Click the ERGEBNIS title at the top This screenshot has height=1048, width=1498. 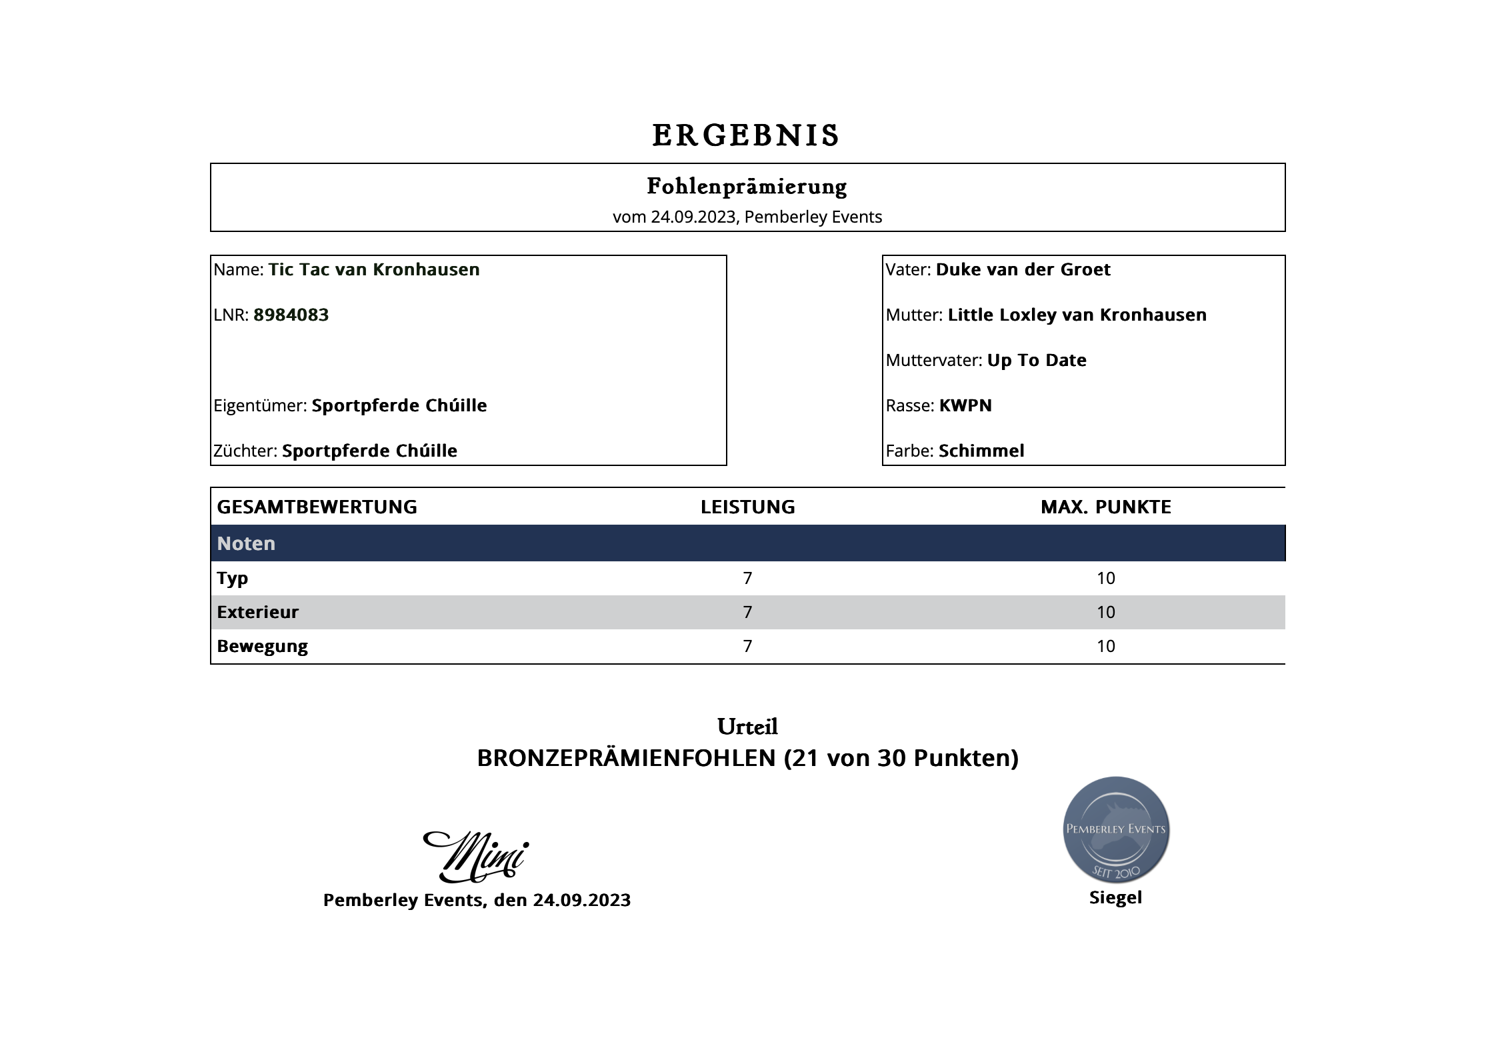coord(746,136)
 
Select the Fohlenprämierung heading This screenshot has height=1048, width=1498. coord(747,187)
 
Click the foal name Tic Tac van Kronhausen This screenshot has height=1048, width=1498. coord(374,269)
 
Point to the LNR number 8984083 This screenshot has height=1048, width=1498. coord(291,315)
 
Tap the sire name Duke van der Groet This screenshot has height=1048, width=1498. coord(1023,269)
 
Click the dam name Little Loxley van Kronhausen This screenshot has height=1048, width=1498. coord(1077,315)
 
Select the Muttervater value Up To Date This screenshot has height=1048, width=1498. coord(1037,360)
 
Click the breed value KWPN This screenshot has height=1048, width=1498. coord(965,405)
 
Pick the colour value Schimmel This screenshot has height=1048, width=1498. coord(981,451)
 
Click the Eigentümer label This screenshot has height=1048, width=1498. coord(260,405)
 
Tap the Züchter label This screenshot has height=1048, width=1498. coord(245,451)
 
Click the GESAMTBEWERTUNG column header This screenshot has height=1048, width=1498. coord(317,507)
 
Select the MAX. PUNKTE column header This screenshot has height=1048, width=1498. coord(1105,507)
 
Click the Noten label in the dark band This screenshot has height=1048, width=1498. coord(246,543)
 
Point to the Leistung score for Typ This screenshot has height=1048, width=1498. coord(747,578)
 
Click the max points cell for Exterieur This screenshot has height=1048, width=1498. coord(1105,612)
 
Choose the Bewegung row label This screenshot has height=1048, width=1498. coord(262,646)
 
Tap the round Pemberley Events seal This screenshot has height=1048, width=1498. coord(1115,830)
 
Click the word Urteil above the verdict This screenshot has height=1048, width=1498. coord(747,727)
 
